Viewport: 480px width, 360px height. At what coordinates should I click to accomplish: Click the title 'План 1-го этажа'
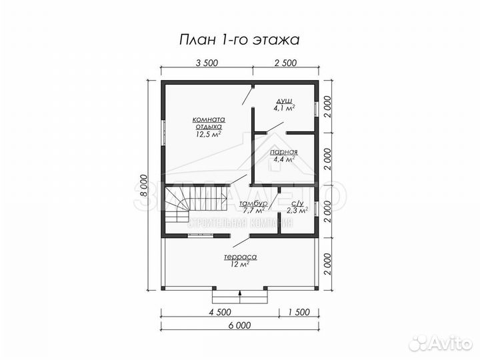[x=239, y=40]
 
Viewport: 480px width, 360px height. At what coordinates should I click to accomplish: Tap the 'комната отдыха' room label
[x=209, y=120]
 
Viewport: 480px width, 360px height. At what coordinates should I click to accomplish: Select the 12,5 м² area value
[x=209, y=133]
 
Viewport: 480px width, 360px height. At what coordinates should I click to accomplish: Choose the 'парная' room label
[x=284, y=151]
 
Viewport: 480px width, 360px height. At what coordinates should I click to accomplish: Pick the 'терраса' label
[x=241, y=257]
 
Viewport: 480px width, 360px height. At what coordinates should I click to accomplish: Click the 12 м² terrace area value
[x=241, y=265]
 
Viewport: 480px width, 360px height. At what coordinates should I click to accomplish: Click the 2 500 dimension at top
[x=285, y=63]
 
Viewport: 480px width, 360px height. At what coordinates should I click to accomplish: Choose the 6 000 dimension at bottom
[x=239, y=325]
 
